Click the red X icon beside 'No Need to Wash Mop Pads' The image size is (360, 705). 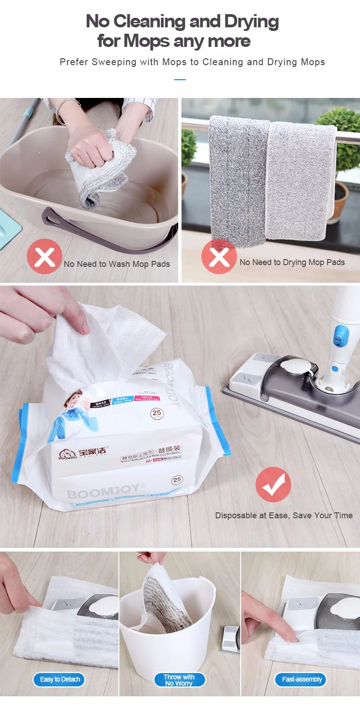(44, 256)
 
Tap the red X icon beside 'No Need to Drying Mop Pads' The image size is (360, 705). (219, 256)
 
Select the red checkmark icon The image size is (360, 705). (273, 484)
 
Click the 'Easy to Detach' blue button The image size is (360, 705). (60, 679)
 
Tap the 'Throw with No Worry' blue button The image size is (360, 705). (179, 680)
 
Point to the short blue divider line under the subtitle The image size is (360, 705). (180, 80)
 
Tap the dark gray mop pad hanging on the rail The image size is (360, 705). (237, 182)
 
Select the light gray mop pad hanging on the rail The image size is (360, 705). (298, 180)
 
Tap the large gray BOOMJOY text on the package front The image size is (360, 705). (103, 493)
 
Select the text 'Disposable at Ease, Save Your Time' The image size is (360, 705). (283, 516)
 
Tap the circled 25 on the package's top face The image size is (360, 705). (157, 414)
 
